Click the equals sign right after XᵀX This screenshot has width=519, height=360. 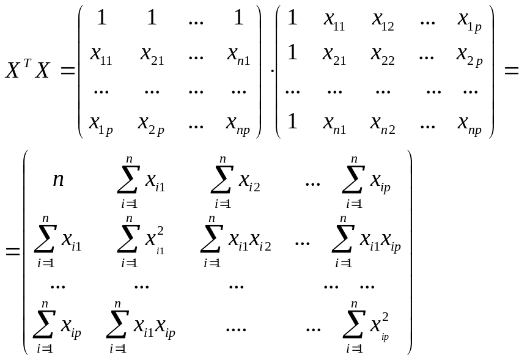(x=67, y=70)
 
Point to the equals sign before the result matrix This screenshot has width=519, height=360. (x=13, y=251)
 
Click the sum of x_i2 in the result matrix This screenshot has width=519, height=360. (x=237, y=182)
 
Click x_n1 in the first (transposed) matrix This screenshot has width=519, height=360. (x=237, y=54)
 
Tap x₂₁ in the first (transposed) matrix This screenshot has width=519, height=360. (x=152, y=54)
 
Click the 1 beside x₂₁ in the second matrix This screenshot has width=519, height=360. (x=292, y=53)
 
